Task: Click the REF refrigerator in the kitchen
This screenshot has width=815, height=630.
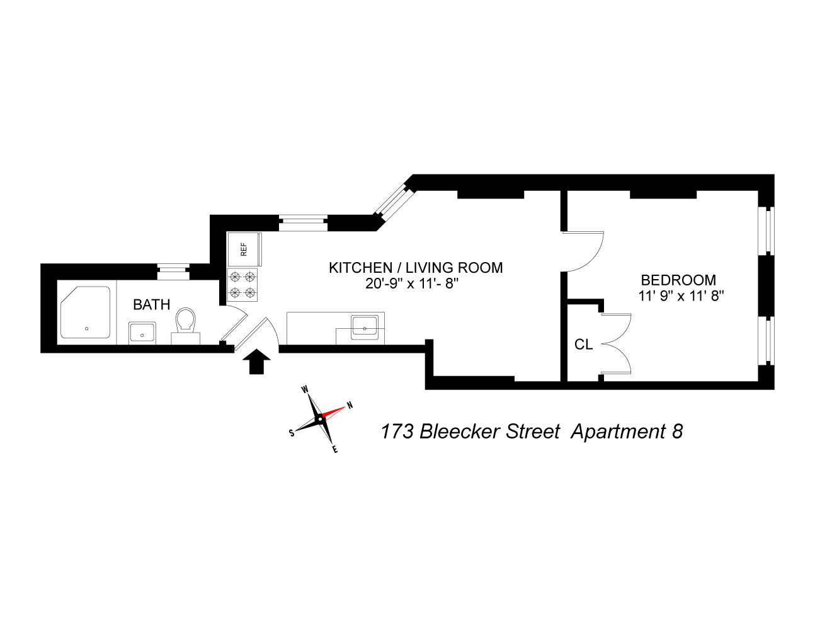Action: point(244,249)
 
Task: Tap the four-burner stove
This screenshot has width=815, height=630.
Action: point(242,285)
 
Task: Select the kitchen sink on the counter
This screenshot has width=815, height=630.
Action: point(365,325)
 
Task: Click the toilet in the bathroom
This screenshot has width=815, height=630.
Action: point(186,325)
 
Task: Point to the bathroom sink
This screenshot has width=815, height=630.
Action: point(142,332)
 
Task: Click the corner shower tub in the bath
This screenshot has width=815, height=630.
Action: point(86,312)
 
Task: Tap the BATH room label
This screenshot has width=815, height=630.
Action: point(152,304)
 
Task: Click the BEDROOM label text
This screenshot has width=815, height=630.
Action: point(678,280)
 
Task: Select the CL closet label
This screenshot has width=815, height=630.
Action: point(583,344)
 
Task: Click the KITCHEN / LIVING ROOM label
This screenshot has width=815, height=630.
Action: point(416,268)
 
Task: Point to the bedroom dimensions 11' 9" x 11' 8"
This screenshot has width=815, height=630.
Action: point(681,296)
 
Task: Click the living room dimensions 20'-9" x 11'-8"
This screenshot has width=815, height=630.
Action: point(412,283)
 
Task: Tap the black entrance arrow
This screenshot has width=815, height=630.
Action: point(256,362)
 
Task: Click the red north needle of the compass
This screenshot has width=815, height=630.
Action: point(333,413)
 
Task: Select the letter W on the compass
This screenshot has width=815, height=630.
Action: point(305,389)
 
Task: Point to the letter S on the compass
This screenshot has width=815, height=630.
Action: point(292,433)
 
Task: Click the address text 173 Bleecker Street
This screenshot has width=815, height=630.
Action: point(470,432)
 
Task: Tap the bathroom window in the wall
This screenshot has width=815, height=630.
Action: point(173,272)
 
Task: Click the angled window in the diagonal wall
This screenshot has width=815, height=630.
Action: point(394,203)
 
